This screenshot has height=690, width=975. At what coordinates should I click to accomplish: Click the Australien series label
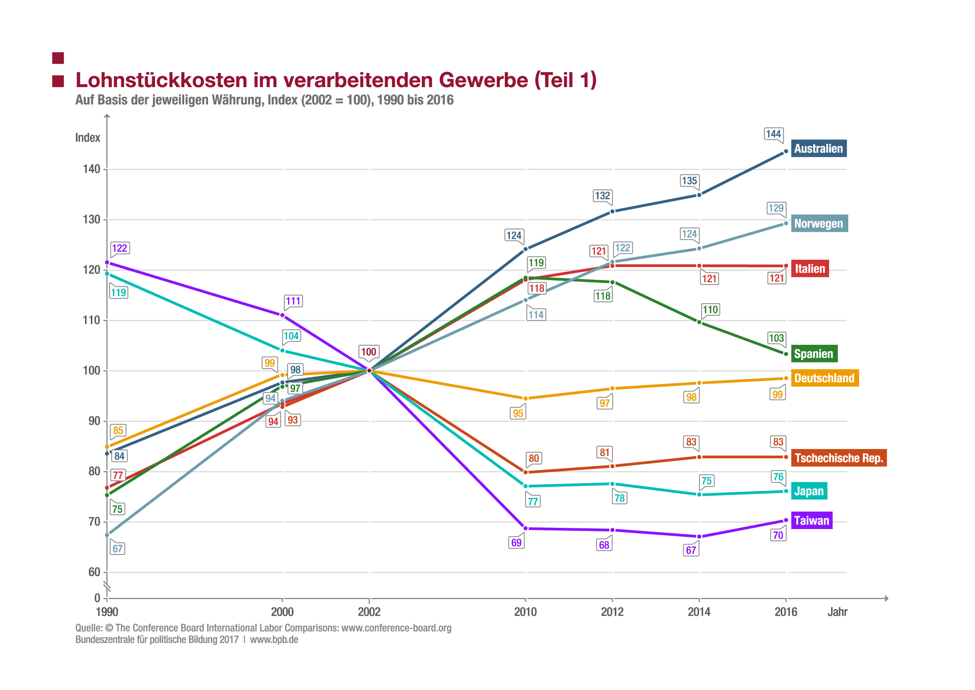point(818,149)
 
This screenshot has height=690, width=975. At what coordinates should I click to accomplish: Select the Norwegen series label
point(819,223)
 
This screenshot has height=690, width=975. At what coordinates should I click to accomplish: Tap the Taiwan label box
point(812,520)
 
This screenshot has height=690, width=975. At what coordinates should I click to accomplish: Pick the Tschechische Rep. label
point(839,458)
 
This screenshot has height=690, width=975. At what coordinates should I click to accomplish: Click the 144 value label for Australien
point(773,134)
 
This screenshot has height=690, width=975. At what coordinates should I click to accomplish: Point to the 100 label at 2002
point(368,352)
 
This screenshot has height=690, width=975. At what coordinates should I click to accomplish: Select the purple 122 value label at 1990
point(119,248)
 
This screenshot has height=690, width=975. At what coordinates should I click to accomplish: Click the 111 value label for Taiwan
point(293,301)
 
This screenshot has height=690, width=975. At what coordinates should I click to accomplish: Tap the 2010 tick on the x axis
point(526,612)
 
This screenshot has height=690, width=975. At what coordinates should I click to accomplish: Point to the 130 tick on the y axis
point(91,220)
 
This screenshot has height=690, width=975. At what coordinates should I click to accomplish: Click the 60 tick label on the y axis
point(94,572)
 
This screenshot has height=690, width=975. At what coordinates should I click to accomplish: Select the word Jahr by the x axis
point(837,612)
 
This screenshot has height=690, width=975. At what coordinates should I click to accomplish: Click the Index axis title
point(88,138)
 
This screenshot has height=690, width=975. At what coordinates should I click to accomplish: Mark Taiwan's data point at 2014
point(699,537)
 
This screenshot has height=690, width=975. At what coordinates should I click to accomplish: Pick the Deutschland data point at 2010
point(526,399)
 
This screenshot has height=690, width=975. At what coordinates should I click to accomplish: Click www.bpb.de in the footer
point(274,640)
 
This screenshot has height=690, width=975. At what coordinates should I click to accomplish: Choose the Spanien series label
point(814,354)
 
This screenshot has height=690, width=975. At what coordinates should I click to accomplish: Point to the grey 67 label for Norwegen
point(117,549)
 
